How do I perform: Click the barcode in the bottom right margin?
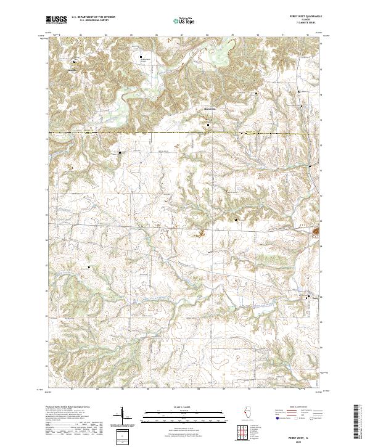[x=356, y=420]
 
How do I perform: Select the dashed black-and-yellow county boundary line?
[x=185, y=133]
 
